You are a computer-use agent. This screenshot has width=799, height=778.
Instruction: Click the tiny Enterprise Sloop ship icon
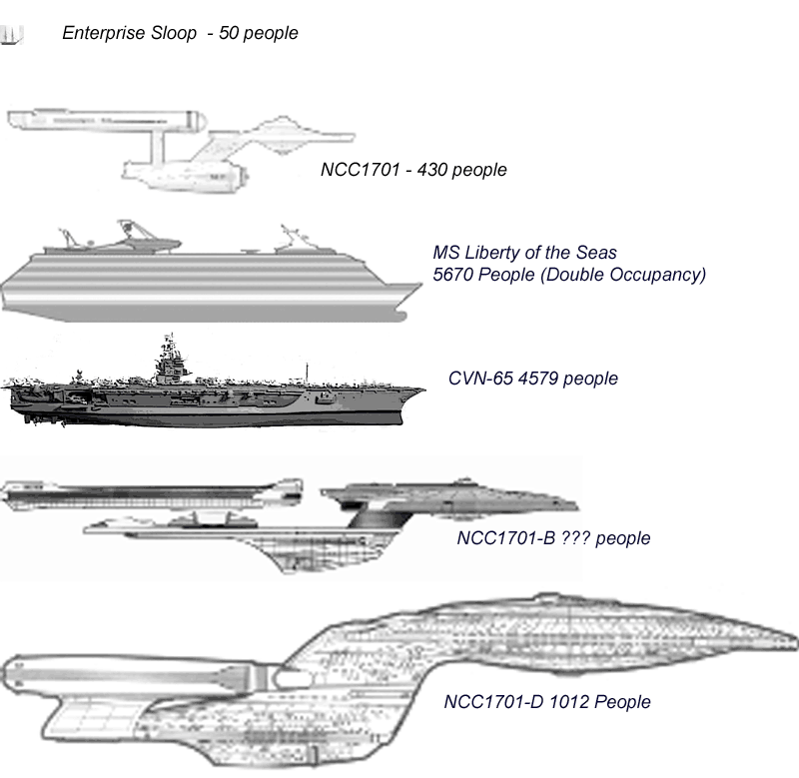[12, 35]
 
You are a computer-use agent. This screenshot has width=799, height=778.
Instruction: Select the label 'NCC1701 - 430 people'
[413, 170]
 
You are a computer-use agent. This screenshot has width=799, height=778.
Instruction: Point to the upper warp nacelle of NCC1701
[105, 121]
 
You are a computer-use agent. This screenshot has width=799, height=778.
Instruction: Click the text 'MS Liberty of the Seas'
[524, 252]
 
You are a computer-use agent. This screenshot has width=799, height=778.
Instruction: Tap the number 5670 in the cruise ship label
[453, 274]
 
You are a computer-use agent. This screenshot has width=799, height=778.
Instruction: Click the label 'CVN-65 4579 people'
[534, 379]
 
